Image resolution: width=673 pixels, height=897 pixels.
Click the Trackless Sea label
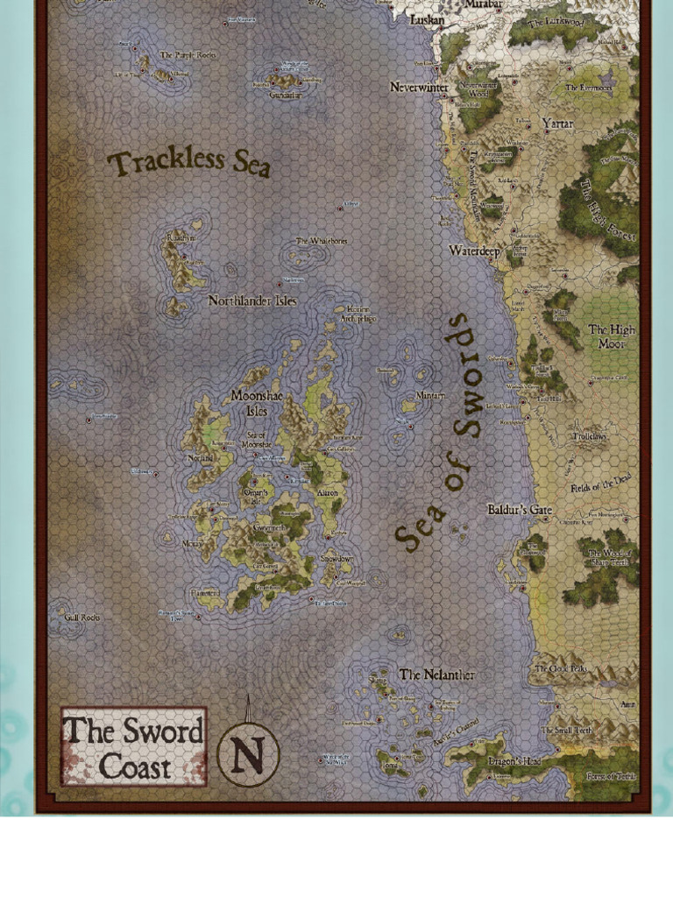pyautogui.click(x=188, y=163)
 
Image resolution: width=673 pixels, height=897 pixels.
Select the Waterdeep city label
pyautogui.click(x=474, y=251)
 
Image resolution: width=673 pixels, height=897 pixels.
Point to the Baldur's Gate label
pyautogui.click(x=520, y=510)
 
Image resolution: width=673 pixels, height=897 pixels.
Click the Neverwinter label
pyautogui.click(x=419, y=88)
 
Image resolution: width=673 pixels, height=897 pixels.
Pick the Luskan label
pyautogui.click(x=428, y=19)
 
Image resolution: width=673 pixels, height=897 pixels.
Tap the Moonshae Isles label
pyautogui.click(x=256, y=403)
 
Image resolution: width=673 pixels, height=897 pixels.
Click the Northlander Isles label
pyautogui.click(x=252, y=300)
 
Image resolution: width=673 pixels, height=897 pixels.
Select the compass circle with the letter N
pyautogui.click(x=248, y=754)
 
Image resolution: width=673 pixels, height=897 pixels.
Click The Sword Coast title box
pyautogui.click(x=133, y=747)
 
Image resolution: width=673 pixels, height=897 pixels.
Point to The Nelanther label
pyautogui.click(x=436, y=675)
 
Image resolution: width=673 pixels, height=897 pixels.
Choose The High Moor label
pyautogui.click(x=611, y=336)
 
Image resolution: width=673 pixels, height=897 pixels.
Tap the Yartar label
pyautogui.click(x=557, y=124)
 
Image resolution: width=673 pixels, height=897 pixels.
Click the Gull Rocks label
pyautogui.click(x=82, y=618)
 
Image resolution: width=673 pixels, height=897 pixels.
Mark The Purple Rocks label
pyautogui.click(x=188, y=55)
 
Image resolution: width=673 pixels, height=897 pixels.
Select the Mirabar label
pyautogui.click(x=483, y=4)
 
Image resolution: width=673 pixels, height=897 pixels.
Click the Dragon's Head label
pyautogui.click(x=514, y=761)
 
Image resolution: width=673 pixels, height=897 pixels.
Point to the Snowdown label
pyautogui.click(x=336, y=558)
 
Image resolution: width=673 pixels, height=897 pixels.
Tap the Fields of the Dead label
pyautogui.click(x=600, y=484)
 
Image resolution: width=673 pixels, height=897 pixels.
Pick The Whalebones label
pyautogui.click(x=321, y=241)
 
